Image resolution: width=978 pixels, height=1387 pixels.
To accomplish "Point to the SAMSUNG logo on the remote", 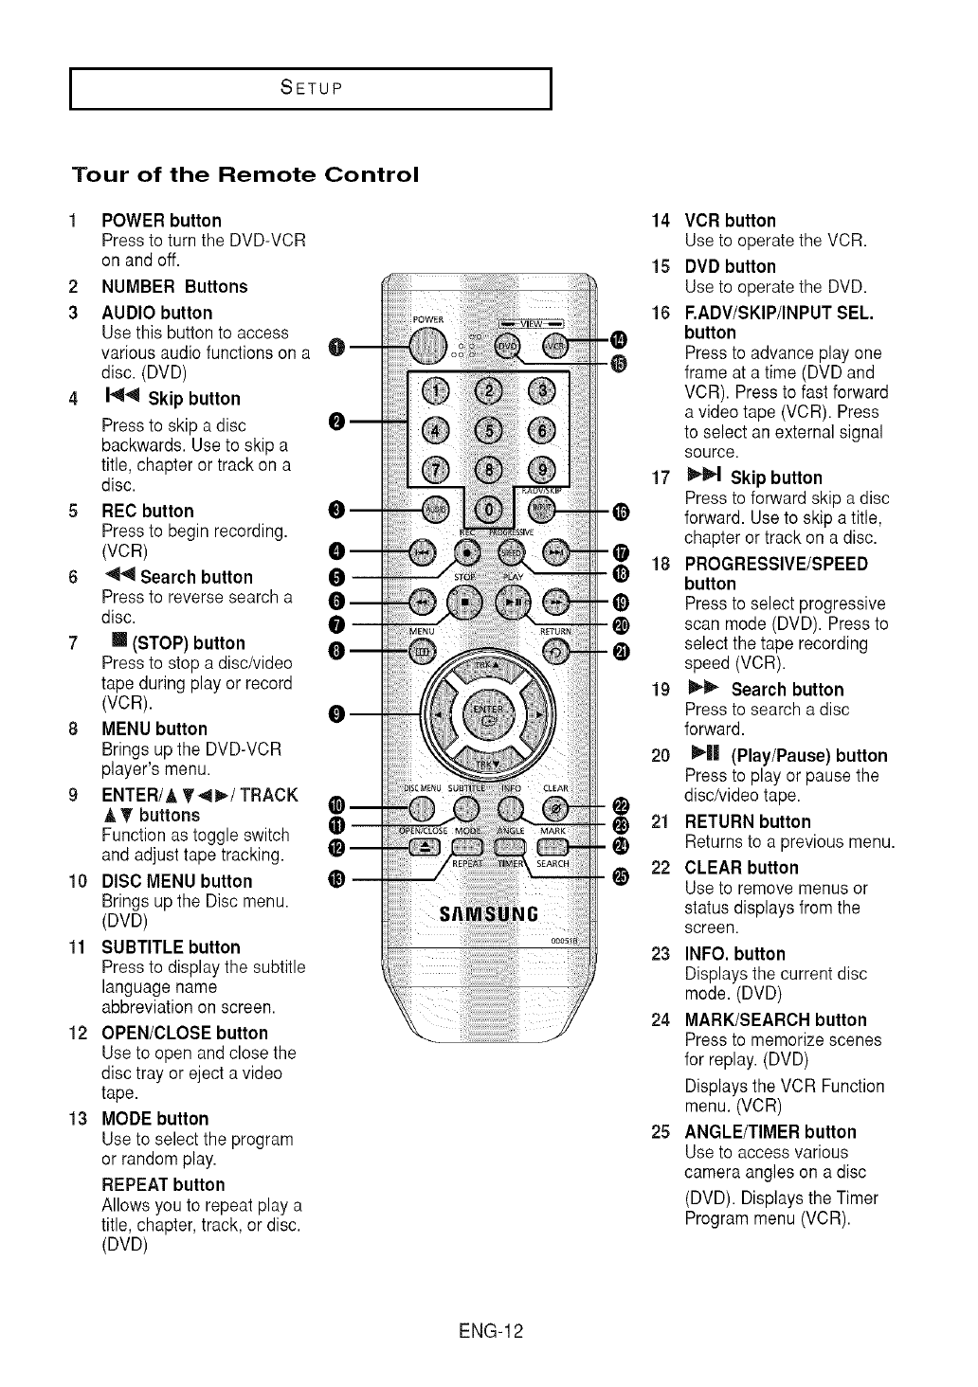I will (x=489, y=915).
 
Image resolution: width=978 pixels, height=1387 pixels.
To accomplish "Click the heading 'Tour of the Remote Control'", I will (x=244, y=175).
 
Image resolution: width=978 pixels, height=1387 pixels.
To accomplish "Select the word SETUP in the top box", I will (x=311, y=89).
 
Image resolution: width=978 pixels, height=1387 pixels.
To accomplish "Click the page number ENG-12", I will (x=489, y=1331).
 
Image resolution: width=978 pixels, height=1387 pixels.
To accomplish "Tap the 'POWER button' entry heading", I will (x=161, y=221).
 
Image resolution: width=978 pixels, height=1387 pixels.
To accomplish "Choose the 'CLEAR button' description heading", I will (x=741, y=868).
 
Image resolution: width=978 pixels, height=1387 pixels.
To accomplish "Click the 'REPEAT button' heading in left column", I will (x=163, y=1185).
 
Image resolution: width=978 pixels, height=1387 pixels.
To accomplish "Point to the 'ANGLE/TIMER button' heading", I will (x=770, y=1132).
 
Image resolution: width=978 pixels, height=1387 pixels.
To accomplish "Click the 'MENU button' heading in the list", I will (x=154, y=729).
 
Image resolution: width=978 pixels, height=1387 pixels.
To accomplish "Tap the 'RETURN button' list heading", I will (x=747, y=821).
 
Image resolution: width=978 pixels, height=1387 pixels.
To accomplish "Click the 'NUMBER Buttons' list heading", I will (x=174, y=286).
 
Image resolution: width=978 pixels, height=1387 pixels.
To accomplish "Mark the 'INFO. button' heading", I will (x=734, y=954).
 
